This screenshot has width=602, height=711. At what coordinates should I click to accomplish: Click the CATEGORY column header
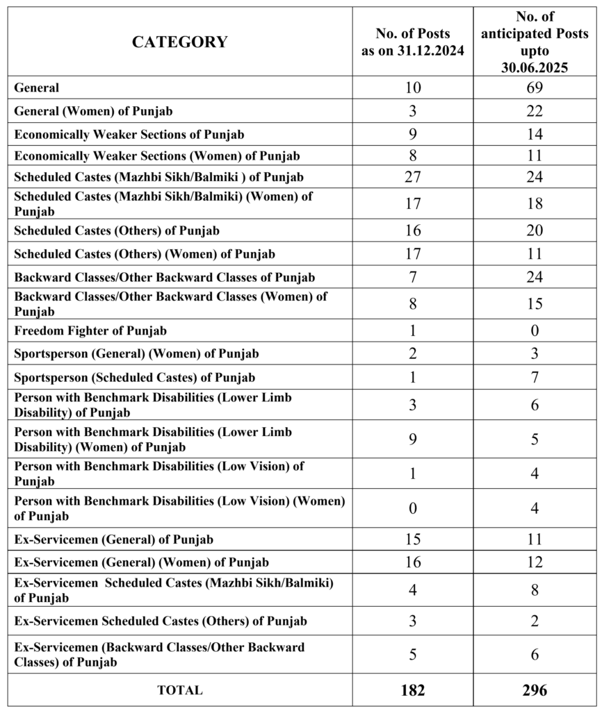click(179, 42)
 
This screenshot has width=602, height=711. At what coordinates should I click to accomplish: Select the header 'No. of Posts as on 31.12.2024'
click(412, 42)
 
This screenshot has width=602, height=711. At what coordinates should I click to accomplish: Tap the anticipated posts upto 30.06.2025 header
click(534, 42)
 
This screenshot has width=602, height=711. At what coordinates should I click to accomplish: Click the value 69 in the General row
click(534, 87)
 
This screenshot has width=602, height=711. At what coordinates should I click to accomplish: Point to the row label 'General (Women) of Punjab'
click(94, 111)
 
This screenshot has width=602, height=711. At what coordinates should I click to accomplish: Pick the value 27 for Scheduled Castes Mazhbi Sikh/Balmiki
click(412, 176)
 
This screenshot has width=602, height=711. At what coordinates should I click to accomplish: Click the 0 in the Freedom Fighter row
click(534, 331)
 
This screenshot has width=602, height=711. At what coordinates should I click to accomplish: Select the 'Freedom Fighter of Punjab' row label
click(90, 331)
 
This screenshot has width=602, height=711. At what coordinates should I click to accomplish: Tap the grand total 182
click(412, 690)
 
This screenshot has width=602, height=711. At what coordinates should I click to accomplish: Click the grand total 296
click(534, 690)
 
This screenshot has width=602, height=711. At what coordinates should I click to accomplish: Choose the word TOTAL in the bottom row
click(179, 690)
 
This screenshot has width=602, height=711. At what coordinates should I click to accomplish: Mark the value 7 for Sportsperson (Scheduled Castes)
click(534, 378)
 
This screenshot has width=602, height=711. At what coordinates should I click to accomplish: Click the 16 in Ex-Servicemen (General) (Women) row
click(412, 562)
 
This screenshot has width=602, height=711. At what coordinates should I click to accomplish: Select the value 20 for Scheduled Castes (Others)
click(534, 231)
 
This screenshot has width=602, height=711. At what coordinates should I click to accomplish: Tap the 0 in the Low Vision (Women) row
click(412, 508)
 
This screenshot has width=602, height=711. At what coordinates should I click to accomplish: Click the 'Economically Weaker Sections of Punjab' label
click(129, 134)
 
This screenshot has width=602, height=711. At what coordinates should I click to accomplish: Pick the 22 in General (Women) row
click(534, 111)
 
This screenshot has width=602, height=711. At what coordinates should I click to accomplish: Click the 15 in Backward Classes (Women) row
click(534, 304)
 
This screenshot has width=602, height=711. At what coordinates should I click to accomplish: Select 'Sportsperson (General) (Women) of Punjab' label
click(137, 354)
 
